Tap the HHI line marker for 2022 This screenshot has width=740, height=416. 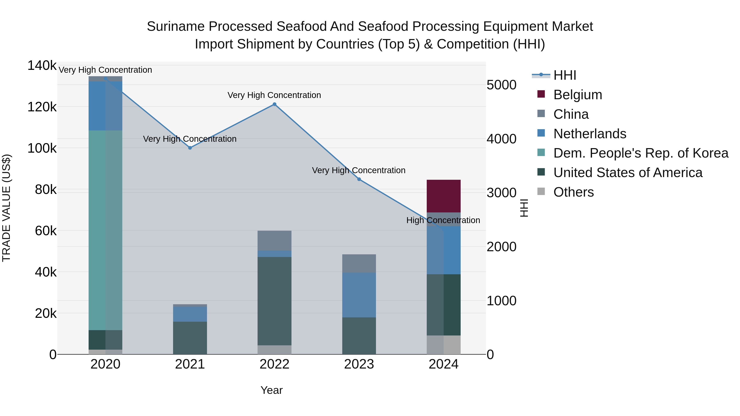click(274, 104)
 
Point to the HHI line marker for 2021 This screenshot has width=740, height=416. click(190, 148)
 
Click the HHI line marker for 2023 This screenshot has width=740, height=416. click(359, 179)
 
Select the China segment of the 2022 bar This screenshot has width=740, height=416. click(274, 241)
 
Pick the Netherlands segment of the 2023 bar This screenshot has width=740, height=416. click(359, 295)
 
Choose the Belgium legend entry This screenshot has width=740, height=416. click(577, 95)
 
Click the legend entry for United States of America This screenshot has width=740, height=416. click(628, 173)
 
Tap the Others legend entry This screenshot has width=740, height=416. click(573, 192)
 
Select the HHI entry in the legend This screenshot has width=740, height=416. click(564, 75)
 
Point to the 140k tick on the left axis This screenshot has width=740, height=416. click(42, 66)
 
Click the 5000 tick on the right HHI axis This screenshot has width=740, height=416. click(501, 85)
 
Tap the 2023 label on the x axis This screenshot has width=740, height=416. click(359, 364)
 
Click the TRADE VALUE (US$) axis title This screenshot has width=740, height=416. click(7, 208)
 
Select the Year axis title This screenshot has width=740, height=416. click(272, 390)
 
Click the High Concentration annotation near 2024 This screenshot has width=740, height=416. click(443, 220)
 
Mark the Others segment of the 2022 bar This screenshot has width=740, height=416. click(274, 350)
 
